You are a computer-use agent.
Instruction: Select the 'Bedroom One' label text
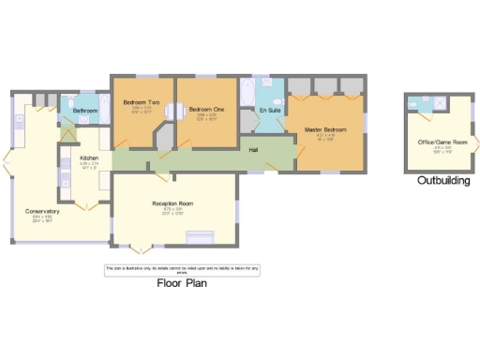[x=205, y=108]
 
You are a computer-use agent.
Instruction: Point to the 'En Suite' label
[x=270, y=112]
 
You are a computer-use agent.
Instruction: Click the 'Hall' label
[x=254, y=150]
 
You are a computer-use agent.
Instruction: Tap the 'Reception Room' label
[x=172, y=202]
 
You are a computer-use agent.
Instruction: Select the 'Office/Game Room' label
[x=439, y=142]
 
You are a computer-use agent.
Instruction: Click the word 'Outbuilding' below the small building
[x=443, y=180]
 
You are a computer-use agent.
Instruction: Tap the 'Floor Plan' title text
[x=181, y=282]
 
